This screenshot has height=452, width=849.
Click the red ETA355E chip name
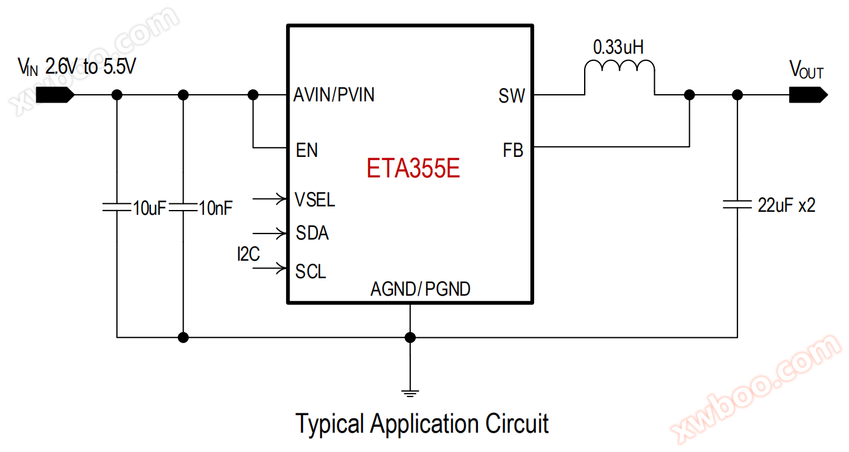[413, 168]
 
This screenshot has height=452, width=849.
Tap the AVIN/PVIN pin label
[334, 95]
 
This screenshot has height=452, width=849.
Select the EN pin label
[307, 150]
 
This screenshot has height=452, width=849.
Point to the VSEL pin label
[315, 199]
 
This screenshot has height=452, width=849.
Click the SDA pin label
[313, 233]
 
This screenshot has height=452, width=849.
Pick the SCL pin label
[311, 272]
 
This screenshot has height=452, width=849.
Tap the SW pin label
[511, 96]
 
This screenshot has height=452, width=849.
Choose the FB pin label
[513, 150]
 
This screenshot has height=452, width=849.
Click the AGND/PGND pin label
[421, 290]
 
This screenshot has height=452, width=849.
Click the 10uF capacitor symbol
[118, 208]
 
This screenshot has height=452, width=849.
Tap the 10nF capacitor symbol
[184, 208]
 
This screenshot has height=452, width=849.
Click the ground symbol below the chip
[410, 393]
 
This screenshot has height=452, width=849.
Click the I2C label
[248, 255]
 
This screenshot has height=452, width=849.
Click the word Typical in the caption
[330, 424]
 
